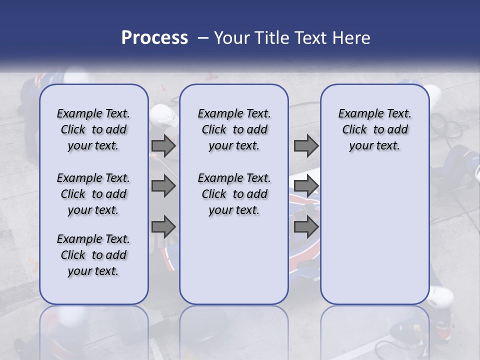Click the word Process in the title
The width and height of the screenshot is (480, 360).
click(154, 38)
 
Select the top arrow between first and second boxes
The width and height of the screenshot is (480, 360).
click(163, 145)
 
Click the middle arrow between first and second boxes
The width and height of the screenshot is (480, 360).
click(163, 186)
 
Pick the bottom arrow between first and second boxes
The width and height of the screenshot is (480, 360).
click(163, 227)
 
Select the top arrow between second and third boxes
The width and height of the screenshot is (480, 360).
click(306, 145)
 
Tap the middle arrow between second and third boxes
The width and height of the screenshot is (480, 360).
click(306, 186)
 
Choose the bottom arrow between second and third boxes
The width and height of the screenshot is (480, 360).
click(306, 227)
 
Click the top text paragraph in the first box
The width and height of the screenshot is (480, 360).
click(93, 129)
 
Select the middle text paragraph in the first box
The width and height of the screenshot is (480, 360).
click(93, 194)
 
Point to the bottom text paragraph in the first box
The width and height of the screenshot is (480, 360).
click(93, 255)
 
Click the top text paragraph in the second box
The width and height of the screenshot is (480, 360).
click(234, 129)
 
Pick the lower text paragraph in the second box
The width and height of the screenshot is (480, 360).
click(234, 194)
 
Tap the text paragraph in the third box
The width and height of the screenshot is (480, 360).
click(375, 129)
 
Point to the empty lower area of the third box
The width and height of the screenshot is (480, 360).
click(375, 235)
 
